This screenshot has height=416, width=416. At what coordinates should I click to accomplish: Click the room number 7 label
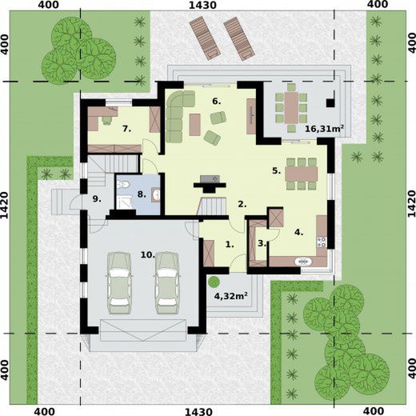127,129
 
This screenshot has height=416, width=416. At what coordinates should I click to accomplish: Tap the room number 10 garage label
148,255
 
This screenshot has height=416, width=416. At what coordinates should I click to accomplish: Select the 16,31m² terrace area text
324,129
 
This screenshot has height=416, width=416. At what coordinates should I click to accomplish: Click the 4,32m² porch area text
231,295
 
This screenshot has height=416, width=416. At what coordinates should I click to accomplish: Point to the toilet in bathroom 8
123,184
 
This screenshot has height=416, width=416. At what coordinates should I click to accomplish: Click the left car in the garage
119,282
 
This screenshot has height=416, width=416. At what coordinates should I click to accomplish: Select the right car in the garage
167,282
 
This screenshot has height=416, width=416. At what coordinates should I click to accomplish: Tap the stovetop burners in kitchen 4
322,242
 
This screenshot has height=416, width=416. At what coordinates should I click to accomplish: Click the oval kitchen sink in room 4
303,262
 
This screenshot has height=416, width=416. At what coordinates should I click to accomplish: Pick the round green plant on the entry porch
214,282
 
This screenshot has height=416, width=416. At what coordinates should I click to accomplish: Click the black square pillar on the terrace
330,103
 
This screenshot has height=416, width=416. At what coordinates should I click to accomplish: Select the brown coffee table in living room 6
195,125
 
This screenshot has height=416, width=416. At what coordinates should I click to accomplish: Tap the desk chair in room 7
107,121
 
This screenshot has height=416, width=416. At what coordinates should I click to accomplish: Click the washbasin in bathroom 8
156,194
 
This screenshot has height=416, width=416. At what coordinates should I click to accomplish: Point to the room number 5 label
277,171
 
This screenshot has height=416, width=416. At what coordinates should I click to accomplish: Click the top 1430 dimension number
202,5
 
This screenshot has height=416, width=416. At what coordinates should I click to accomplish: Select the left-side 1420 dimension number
6,204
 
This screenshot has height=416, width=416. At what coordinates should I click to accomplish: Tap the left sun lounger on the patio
205,38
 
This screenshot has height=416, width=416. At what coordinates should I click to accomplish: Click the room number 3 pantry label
262,243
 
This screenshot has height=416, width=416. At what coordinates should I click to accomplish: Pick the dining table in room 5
302,174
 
